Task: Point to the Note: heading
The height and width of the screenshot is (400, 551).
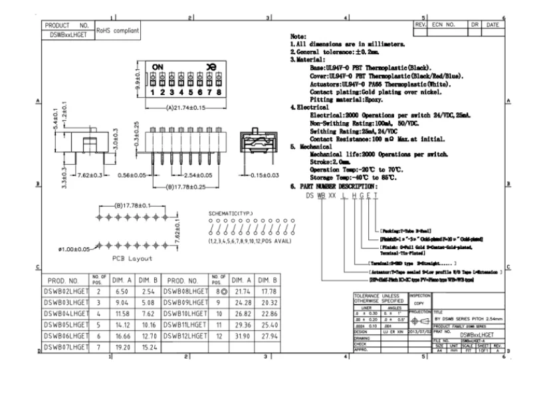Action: pos(299,34)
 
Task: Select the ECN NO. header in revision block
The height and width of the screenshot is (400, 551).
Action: pos(443,24)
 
